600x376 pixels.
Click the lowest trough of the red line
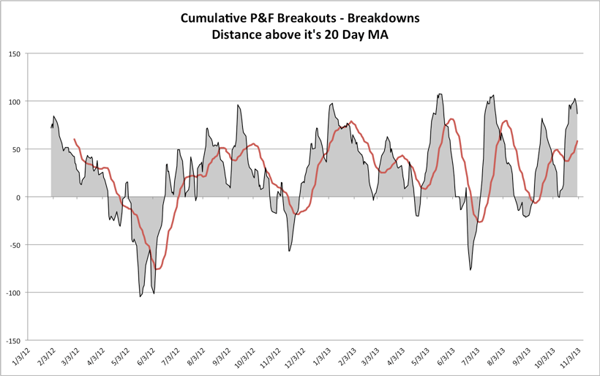click(x=157, y=269)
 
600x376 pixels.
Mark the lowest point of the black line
click(x=140, y=296)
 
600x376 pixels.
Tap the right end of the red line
click(x=578, y=140)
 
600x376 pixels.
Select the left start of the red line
click(x=74, y=139)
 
